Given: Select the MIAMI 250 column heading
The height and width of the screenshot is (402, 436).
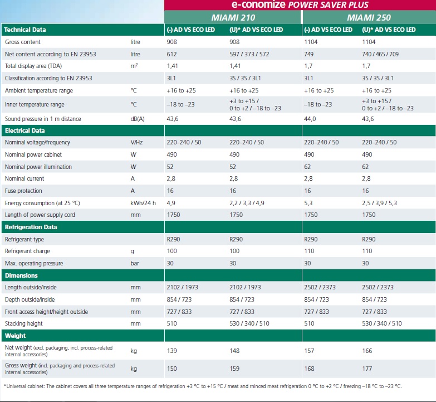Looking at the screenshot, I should (368, 18).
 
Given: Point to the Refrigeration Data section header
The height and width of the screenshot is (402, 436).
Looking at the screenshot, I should (31, 227).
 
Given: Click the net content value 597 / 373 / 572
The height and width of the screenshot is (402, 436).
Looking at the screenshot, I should (250, 54).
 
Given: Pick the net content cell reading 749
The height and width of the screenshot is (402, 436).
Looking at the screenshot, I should (309, 54).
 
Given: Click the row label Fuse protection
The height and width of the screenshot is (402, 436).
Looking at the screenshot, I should (23, 191).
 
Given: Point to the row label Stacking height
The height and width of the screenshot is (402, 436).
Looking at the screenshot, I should (24, 323).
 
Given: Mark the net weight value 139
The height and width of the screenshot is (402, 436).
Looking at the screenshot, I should (172, 351).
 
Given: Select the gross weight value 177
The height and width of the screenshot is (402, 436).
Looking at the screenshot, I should (368, 369).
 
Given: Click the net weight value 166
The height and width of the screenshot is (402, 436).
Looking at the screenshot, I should (368, 351).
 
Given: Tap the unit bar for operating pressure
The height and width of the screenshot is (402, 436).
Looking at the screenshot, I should (134, 263).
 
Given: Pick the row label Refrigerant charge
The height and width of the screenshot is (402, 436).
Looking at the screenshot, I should (27, 251).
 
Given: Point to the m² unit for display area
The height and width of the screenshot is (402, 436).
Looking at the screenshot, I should (134, 66).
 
